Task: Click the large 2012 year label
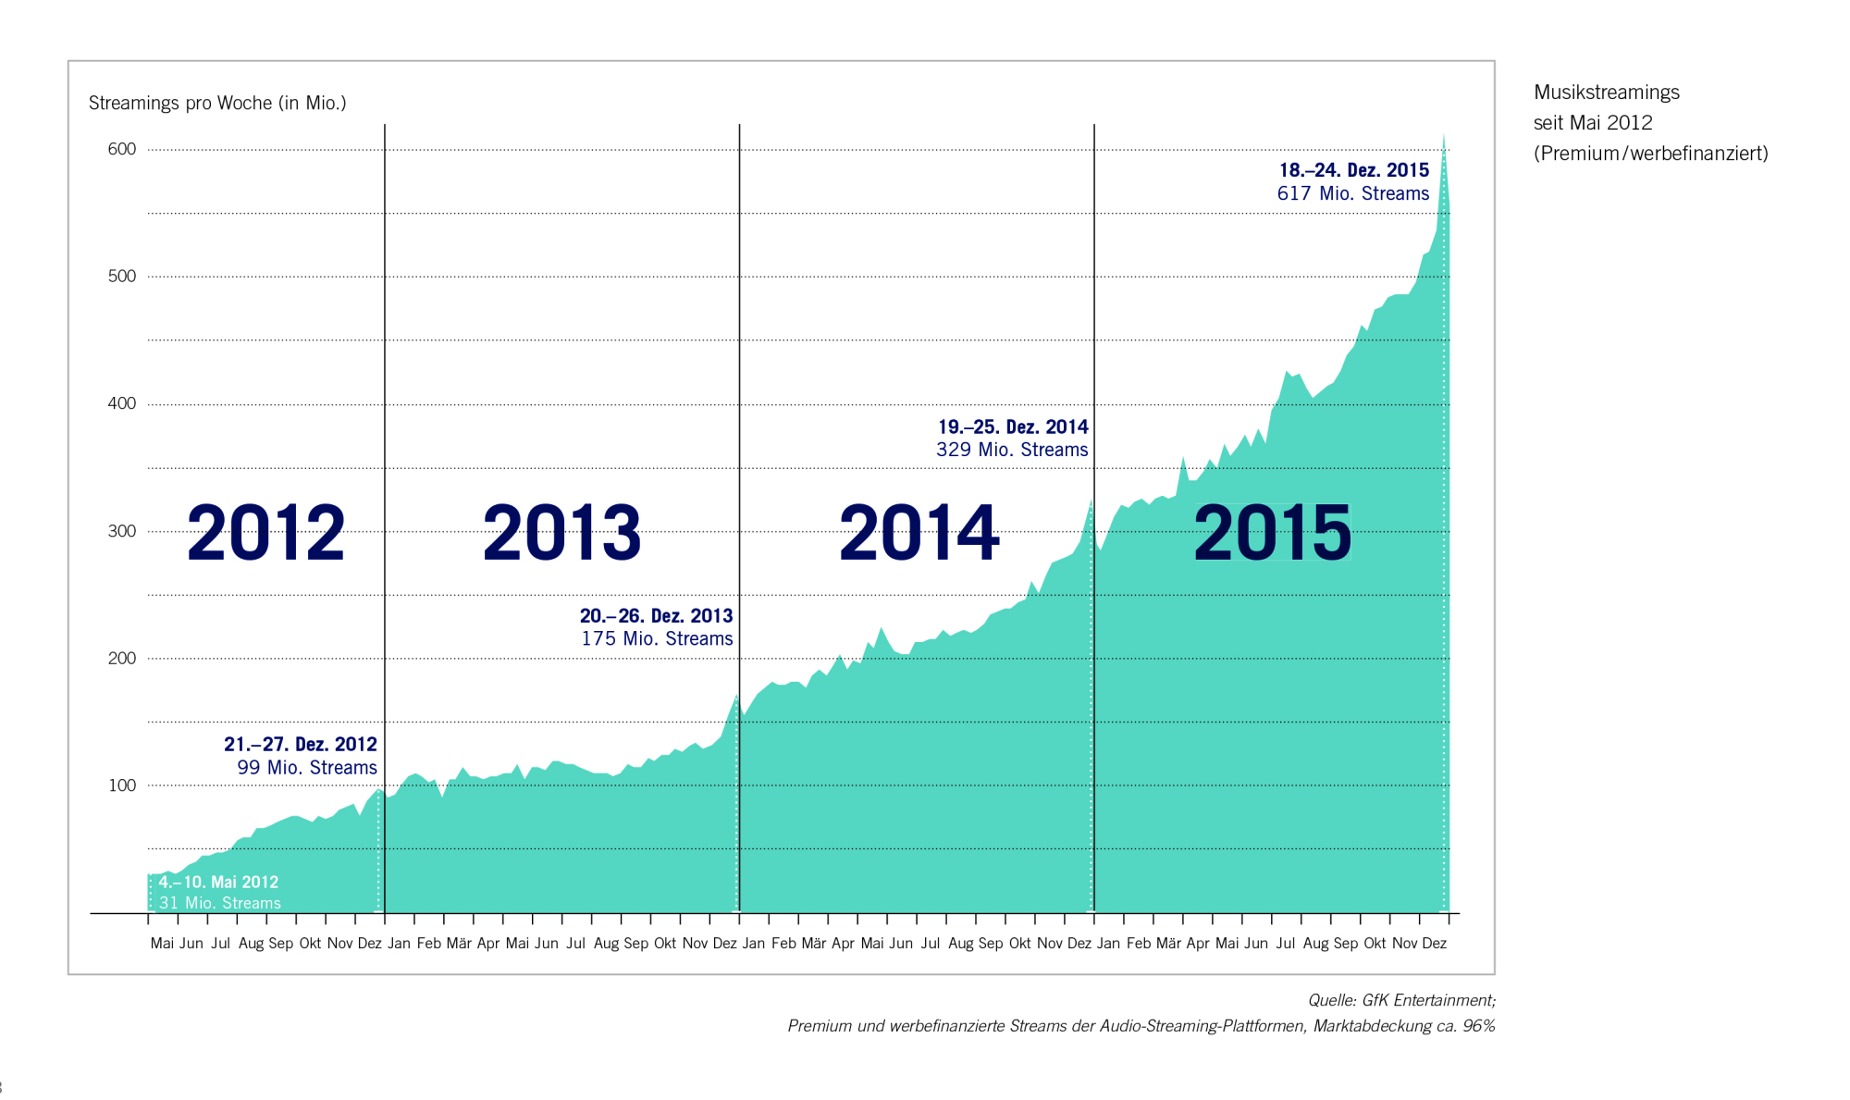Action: point(265,533)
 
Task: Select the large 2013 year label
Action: point(561,533)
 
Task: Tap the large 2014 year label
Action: point(919,533)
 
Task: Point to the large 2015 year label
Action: point(1272,533)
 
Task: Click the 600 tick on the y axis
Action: point(121,149)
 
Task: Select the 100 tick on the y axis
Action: point(121,785)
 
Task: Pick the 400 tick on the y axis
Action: point(121,403)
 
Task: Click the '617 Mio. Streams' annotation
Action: point(1352,193)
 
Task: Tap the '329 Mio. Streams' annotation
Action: point(1012,450)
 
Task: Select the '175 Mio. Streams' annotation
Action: point(657,638)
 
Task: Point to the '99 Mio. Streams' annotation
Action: point(306,767)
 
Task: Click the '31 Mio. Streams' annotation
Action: point(219,903)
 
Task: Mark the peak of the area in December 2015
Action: point(1443,136)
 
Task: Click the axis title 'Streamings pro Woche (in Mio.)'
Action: point(217,103)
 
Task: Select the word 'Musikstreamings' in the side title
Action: point(1606,93)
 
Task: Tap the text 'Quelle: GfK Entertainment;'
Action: point(1400,1000)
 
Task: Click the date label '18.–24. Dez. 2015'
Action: point(1353,170)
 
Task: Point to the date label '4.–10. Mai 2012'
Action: point(218,882)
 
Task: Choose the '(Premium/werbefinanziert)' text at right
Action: point(1650,154)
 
